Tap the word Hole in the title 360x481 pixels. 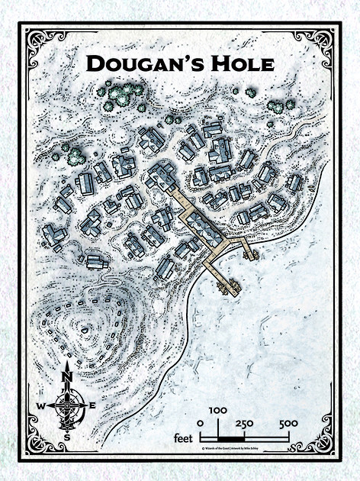[240, 63]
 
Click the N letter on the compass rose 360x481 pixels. [67, 375]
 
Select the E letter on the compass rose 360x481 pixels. [93, 405]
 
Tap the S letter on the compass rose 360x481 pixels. [67, 437]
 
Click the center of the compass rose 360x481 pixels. [67, 405]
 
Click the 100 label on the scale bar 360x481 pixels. [218, 411]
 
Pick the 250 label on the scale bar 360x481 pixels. [245, 424]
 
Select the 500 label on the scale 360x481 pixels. [288, 424]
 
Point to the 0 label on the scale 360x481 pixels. [200, 424]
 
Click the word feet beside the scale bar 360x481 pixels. [182, 438]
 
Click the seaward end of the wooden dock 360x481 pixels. [230, 288]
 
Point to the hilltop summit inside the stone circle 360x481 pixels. [84, 329]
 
